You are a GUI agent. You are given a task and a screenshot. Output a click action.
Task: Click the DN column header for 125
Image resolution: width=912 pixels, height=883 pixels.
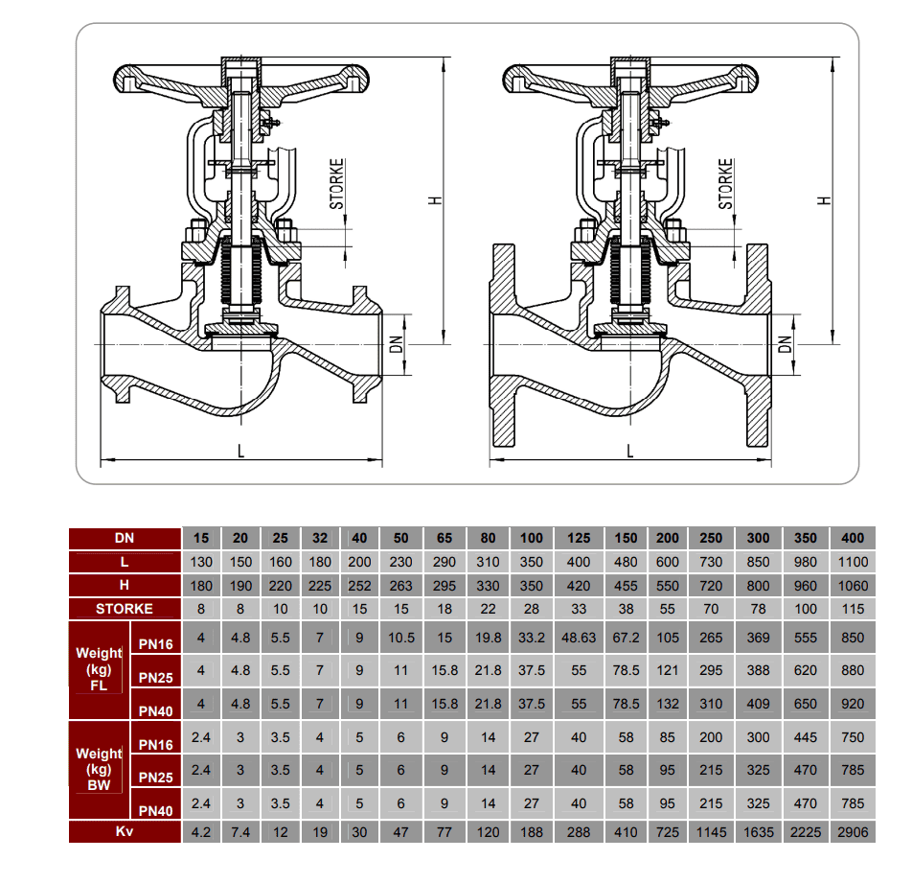pyautogui.click(x=579, y=538)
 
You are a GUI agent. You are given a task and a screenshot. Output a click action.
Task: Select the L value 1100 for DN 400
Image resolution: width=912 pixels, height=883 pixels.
pyautogui.click(x=852, y=561)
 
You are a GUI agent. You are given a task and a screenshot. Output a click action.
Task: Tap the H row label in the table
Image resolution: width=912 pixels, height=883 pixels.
pyautogui.click(x=124, y=585)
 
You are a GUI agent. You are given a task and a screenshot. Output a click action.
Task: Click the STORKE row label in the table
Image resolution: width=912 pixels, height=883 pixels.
pyautogui.click(x=124, y=608)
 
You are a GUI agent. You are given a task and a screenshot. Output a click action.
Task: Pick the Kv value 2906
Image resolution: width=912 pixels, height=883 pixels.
pyautogui.click(x=852, y=831)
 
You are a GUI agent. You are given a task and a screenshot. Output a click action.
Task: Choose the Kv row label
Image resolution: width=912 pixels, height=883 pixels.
pyautogui.click(x=124, y=831)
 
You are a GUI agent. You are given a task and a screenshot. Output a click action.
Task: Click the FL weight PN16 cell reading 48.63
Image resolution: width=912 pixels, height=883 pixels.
pyautogui.click(x=579, y=637)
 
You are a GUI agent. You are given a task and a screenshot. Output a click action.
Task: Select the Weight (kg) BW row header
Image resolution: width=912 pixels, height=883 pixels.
pyautogui.click(x=100, y=769)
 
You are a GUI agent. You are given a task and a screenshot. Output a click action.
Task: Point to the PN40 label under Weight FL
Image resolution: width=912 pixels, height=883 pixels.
pyautogui.click(x=155, y=711)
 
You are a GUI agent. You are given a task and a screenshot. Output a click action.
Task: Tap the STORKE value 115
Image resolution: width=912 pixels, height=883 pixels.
pyautogui.click(x=852, y=608)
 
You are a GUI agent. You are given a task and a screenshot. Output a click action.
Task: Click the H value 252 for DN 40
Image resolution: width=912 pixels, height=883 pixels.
pyautogui.click(x=359, y=585)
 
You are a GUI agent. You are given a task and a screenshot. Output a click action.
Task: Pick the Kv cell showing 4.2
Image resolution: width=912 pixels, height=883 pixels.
pyautogui.click(x=201, y=831)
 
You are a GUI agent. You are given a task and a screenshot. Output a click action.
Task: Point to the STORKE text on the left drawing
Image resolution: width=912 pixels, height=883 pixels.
pyautogui.click(x=337, y=184)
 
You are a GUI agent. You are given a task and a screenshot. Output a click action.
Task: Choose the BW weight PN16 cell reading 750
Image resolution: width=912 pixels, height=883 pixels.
pyautogui.click(x=852, y=737)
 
